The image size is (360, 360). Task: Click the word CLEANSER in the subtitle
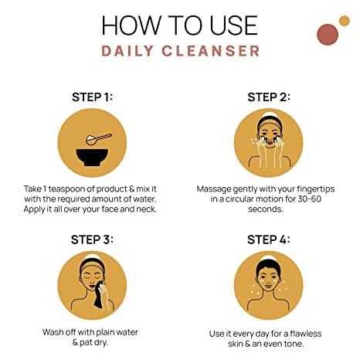[x=211, y=51]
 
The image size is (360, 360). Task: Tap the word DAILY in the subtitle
[x=127, y=51]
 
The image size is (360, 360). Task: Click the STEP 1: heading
[x=92, y=97]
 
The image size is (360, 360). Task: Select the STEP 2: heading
[x=269, y=97]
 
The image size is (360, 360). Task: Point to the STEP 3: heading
[x=92, y=239]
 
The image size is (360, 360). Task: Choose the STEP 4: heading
[x=269, y=239]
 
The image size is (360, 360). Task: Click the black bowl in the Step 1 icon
[x=92, y=158]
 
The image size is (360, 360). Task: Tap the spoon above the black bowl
[x=99, y=139]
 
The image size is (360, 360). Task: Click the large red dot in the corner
[x=328, y=34]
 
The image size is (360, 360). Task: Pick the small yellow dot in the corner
[x=344, y=21]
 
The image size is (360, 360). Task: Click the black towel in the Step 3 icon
[x=100, y=295]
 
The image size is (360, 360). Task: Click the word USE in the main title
[x=234, y=25]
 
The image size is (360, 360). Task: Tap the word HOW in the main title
[x=131, y=25]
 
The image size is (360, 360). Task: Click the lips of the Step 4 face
[x=268, y=287]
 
